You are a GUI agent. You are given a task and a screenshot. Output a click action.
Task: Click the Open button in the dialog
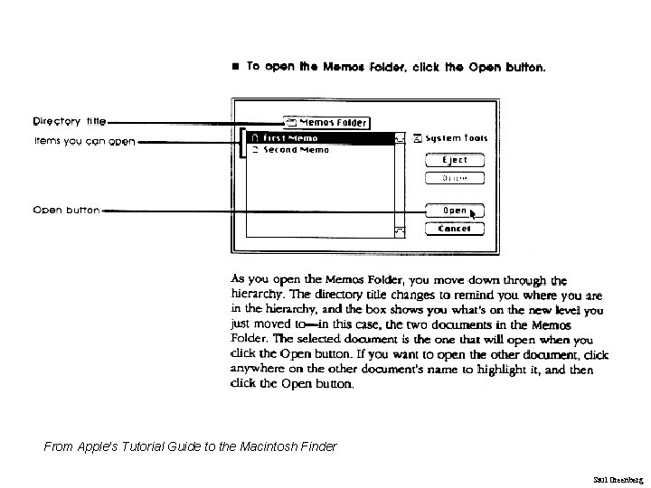click(453, 211)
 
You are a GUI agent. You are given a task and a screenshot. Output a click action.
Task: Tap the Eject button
click(455, 160)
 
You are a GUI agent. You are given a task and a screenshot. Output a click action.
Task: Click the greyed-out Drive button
click(455, 178)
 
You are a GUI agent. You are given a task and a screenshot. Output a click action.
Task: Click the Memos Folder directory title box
click(326, 122)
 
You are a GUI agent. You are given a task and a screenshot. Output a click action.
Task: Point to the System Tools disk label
click(450, 138)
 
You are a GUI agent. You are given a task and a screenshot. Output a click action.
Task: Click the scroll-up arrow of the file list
click(400, 138)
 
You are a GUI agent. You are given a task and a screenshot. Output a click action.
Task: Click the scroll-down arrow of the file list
click(400, 231)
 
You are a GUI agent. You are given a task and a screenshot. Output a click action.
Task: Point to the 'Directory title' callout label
click(70, 120)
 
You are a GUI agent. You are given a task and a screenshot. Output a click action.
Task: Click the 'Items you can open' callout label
click(84, 141)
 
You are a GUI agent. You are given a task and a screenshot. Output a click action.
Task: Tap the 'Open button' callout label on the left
click(66, 211)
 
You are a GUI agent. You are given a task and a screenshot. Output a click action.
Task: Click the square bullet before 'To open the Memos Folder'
click(235, 67)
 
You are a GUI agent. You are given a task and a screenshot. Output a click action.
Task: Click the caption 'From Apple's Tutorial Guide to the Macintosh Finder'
click(190, 446)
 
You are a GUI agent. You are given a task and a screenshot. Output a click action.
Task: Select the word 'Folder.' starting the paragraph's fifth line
click(250, 339)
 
